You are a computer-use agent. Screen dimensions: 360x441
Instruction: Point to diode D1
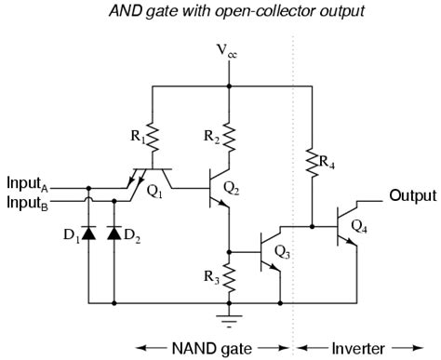point(88,231)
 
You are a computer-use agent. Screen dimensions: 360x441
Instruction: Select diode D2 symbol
point(114,231)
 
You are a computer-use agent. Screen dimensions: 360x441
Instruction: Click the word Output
point(411,195)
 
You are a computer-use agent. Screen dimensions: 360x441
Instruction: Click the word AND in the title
point(126,10)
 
